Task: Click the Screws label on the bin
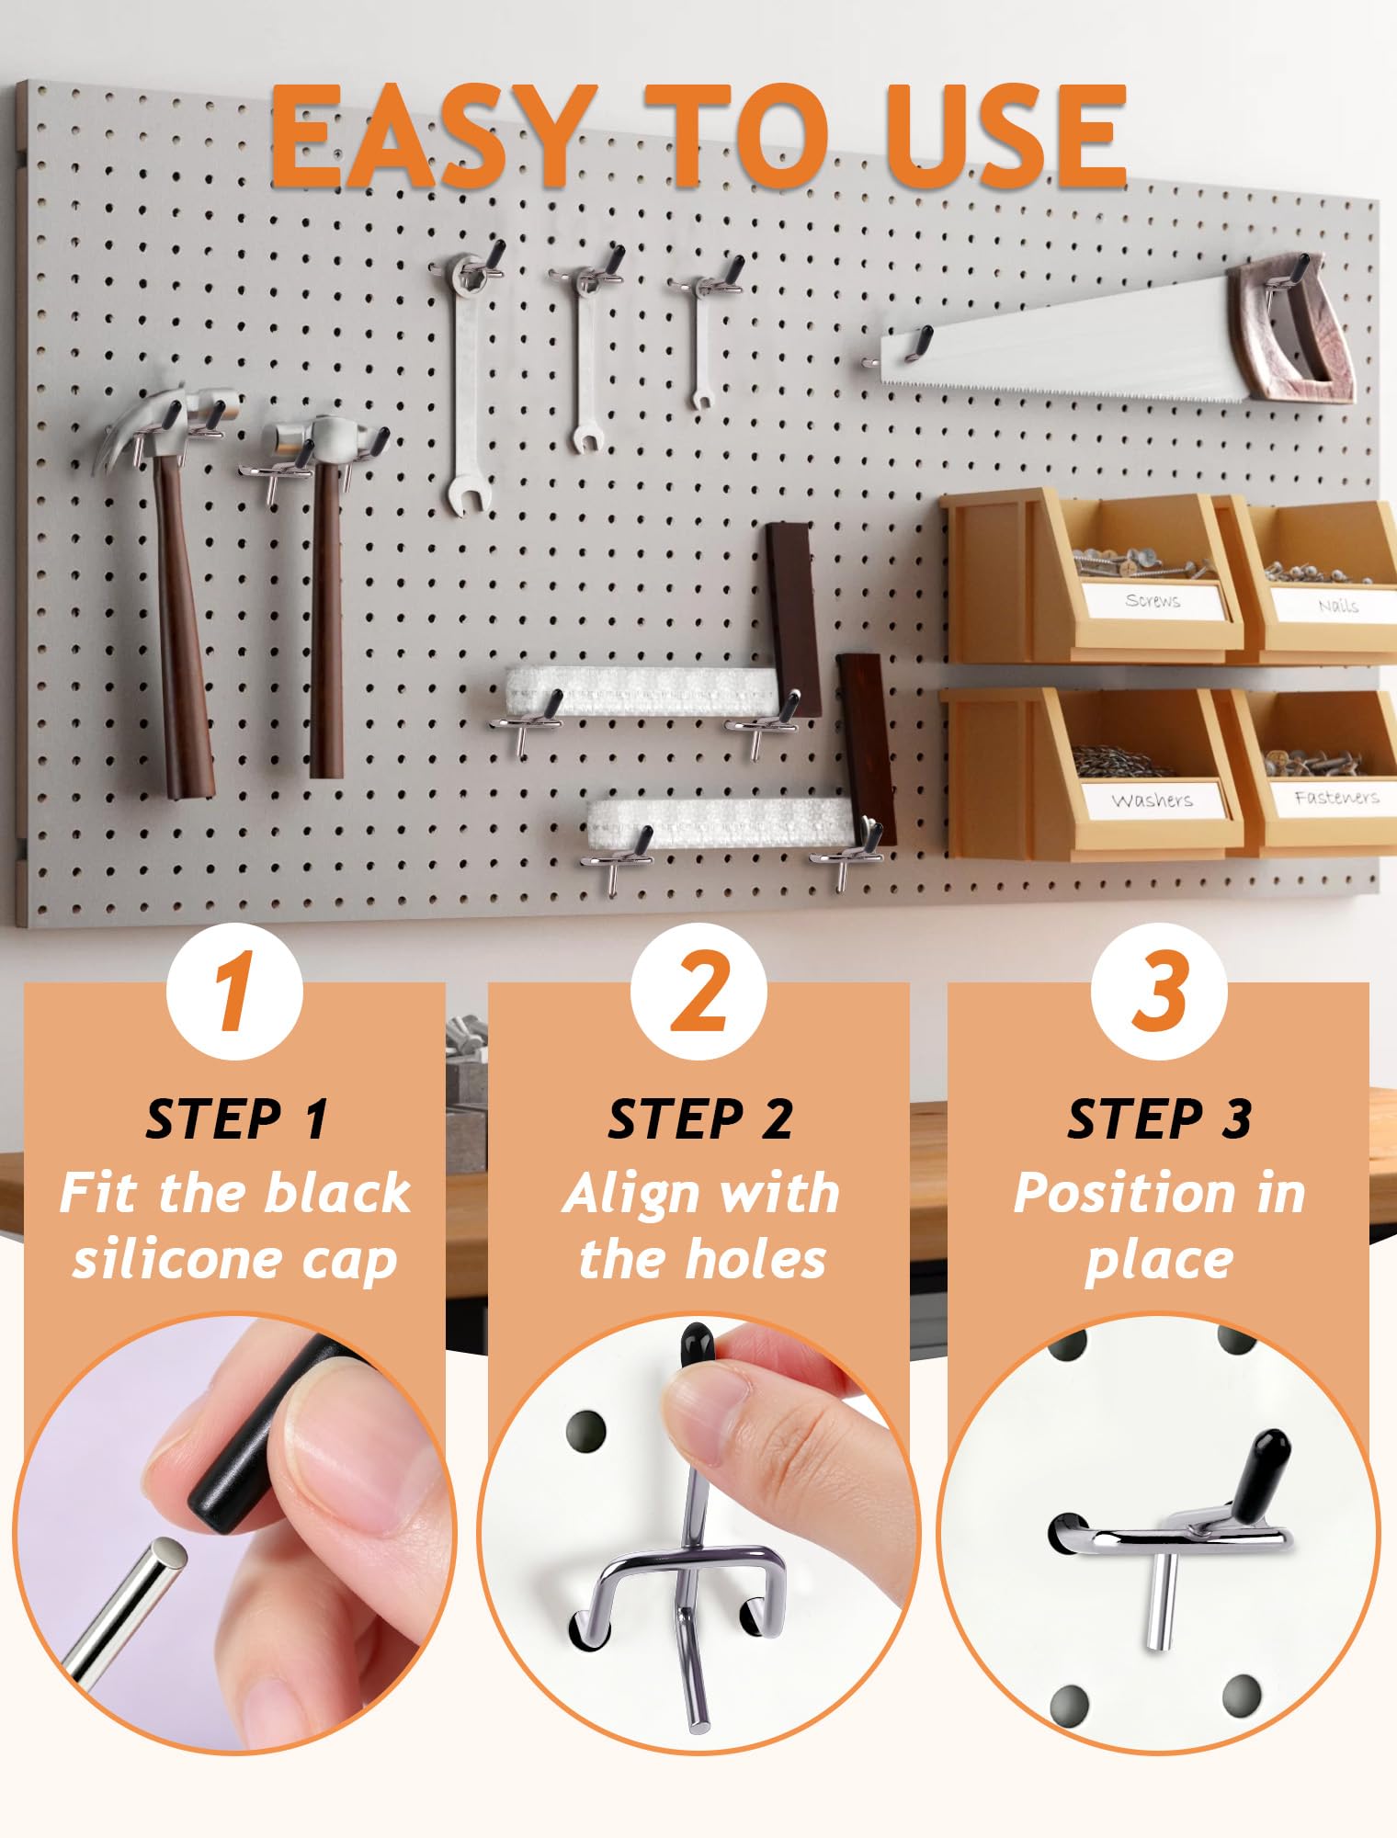tap(1153, 600)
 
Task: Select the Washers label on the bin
tap(1153, 800)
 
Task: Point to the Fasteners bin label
tap(1336, 797)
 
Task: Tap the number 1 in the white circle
tap(234, 992)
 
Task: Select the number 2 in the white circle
tap(700, 992)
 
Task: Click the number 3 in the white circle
tap(1160, 992)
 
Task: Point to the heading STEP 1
tap(236, 1118)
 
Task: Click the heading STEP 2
tap(699, 1118)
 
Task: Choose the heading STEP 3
tap(1159, 1118)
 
